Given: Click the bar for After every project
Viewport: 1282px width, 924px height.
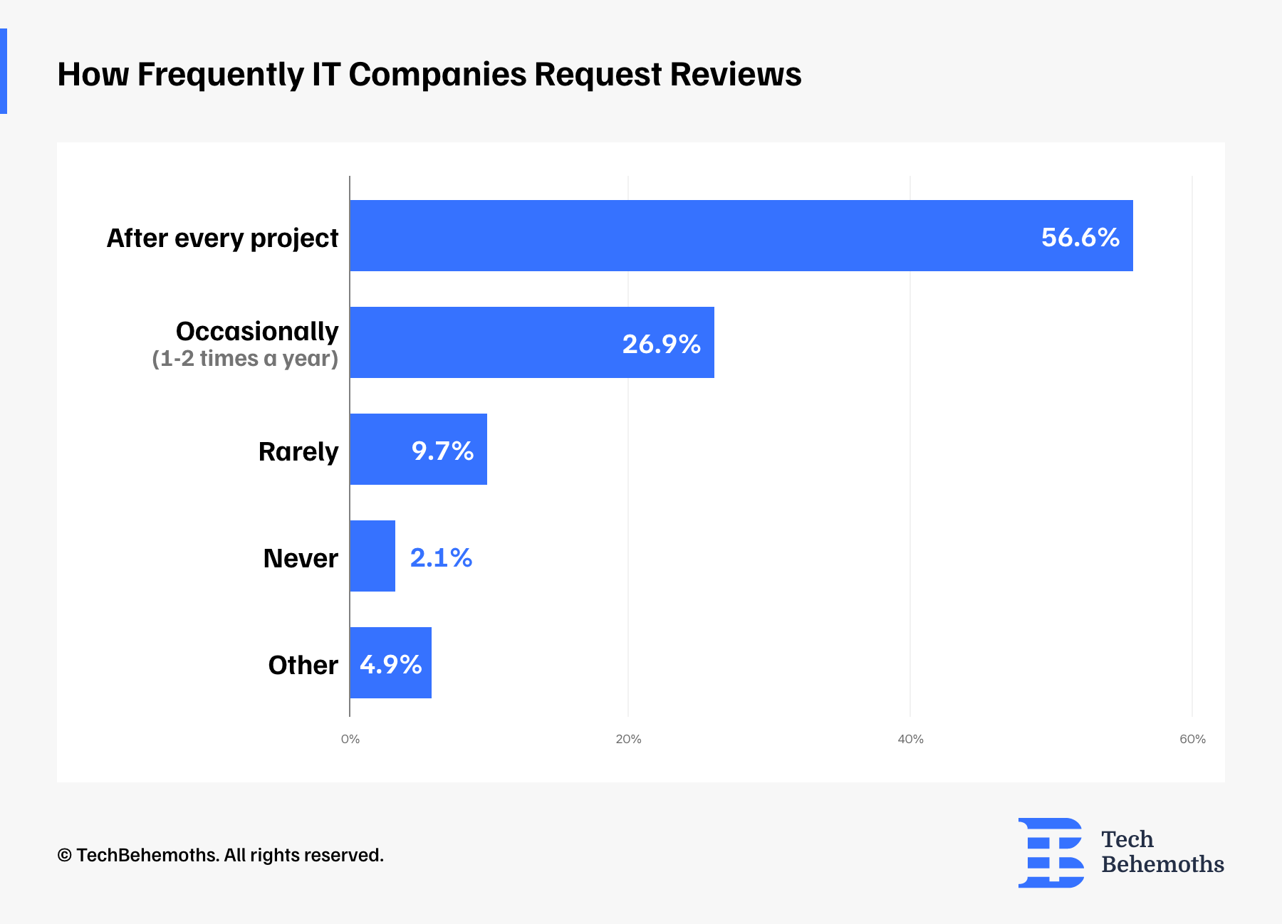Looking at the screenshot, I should click(741, 236).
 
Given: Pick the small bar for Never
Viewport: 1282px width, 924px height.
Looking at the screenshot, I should click(372, 556).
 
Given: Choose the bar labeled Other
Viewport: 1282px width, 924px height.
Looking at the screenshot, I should click(390, 663).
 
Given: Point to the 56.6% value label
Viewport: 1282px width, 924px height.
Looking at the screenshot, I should click(1080, 237).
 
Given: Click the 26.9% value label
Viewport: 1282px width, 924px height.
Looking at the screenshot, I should click(661, 344).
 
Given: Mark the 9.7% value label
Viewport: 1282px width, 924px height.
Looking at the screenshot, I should click(442, 451).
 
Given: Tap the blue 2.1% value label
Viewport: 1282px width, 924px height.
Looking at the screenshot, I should click(441, 557).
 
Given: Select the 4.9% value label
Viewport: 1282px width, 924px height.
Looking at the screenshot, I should click(390, 664).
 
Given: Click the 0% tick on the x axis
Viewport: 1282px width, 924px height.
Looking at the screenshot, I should click(350, 739).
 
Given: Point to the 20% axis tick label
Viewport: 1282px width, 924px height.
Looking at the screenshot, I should click(628, 739).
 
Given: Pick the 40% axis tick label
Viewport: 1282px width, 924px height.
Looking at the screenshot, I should click(910, 739).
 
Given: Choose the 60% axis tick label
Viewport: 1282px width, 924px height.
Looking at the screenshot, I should click(1192, 739).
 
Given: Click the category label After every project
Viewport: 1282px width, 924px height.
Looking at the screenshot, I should click(222, 238).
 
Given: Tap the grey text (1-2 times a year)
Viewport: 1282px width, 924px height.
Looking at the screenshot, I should click(245, 358).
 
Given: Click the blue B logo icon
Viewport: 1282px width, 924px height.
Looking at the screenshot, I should click(1051, 853).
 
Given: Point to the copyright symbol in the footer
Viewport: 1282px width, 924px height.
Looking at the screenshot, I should click(64, 855).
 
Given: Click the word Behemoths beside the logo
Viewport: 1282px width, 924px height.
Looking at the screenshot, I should click(1162, 864).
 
